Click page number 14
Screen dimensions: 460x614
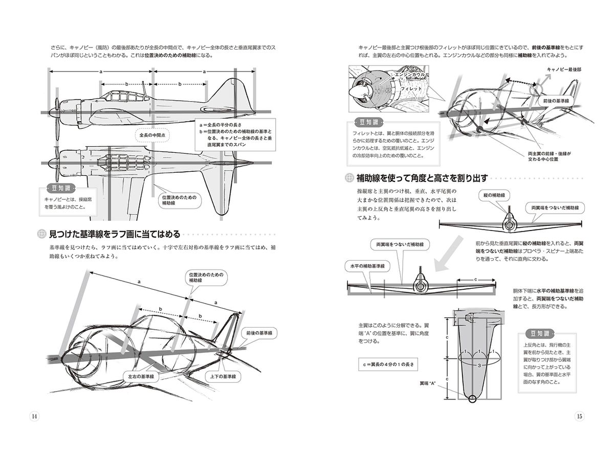click(x=34, y=415)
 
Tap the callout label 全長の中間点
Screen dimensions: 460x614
click(x=155, y=135)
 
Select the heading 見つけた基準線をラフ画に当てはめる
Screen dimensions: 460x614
click(x=114, y=234)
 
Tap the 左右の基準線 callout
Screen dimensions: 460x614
click(x=142, y=376)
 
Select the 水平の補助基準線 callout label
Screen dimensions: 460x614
click(x=367, y=266)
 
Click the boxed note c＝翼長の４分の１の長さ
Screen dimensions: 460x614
click(x=388, y=365)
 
